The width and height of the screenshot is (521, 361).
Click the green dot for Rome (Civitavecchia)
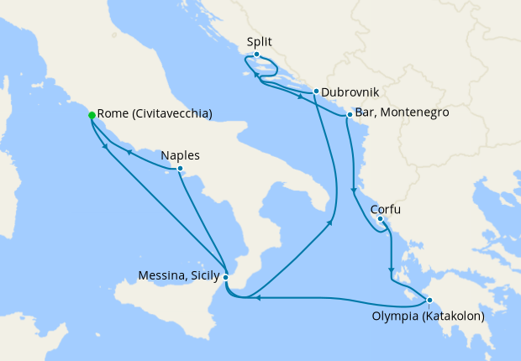pos(92,116)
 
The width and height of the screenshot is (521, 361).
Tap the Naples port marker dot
pos(180,169)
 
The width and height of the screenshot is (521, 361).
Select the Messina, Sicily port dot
pos(225,276)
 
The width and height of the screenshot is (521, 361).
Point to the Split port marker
pos(257,55)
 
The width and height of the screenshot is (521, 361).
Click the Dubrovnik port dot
pos(315,92)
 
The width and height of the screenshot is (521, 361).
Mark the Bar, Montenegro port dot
pos(350,114)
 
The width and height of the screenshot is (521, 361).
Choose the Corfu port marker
pos(380,220)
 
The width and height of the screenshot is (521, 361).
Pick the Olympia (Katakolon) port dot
pos(429,301)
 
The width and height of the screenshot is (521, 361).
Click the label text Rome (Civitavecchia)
pos(154,114)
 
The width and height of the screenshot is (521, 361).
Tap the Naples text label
pos(179,154)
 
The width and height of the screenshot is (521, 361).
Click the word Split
pos(260,41)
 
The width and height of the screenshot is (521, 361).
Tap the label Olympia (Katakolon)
pos(428,317)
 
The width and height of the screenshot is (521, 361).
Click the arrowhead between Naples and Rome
pos(129,153)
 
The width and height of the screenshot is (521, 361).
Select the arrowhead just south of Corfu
pos(391,271)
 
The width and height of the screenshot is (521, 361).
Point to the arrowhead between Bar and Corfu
pos(353,191)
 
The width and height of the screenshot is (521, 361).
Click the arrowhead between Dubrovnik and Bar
pos(300,95)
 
